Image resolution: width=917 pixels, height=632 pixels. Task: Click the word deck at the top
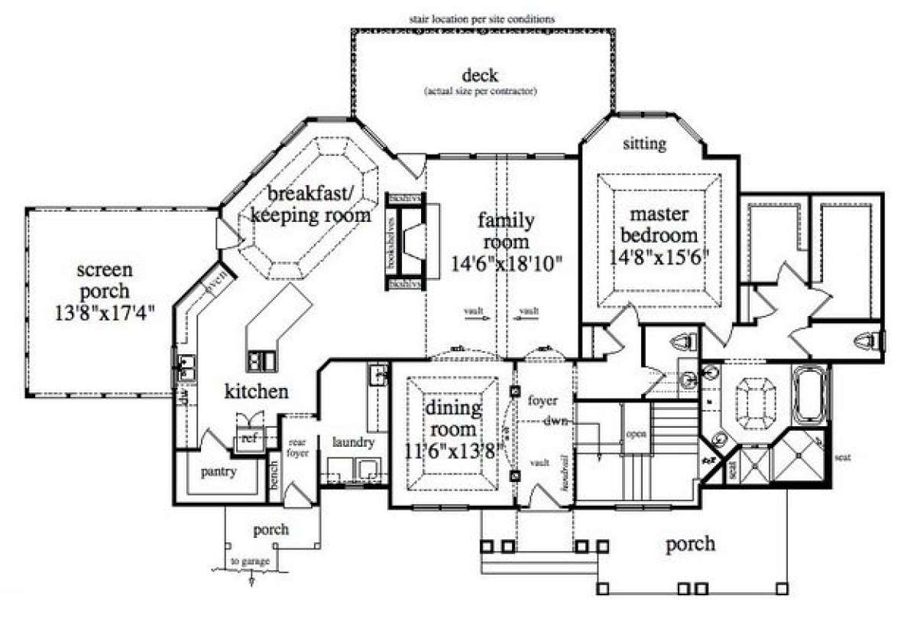(x=480, y=76)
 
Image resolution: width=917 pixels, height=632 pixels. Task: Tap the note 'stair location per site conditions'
(x=481, y=18)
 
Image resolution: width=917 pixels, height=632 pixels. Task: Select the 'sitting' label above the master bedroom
(x=644, y=143)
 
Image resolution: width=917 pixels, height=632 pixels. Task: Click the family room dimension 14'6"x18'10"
(x=505, y=264)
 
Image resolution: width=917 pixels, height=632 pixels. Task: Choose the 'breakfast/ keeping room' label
(x=310, y=204)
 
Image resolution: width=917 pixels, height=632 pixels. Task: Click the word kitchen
(x=256, y=392)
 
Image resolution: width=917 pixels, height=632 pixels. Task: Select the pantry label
(x=218, y=471)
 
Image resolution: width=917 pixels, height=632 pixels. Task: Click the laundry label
(x=352, y=442)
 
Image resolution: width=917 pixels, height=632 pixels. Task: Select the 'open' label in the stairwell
(x=636, y=433)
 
